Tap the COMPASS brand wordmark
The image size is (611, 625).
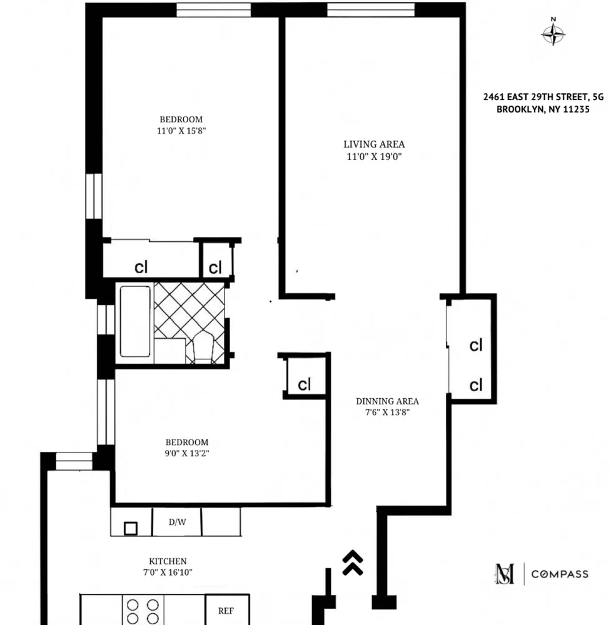pos(560,574)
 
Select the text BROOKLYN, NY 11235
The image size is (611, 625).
pos(543,109)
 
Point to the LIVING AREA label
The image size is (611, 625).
pos(374,144)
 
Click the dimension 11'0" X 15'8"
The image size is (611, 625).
pos(181,131)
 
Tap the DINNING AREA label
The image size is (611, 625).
pos(387,401)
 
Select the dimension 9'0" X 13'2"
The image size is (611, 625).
pos(183,454)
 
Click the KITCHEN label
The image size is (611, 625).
pos(167,561)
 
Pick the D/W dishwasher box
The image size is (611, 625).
pos(177,522)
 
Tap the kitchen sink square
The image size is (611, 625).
pos(131,529)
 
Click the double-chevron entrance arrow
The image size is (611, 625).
pos(353,562)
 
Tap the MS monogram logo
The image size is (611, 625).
pos(505,574)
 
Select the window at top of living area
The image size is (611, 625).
pos(371,10)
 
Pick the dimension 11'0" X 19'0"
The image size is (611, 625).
pos(374,157)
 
